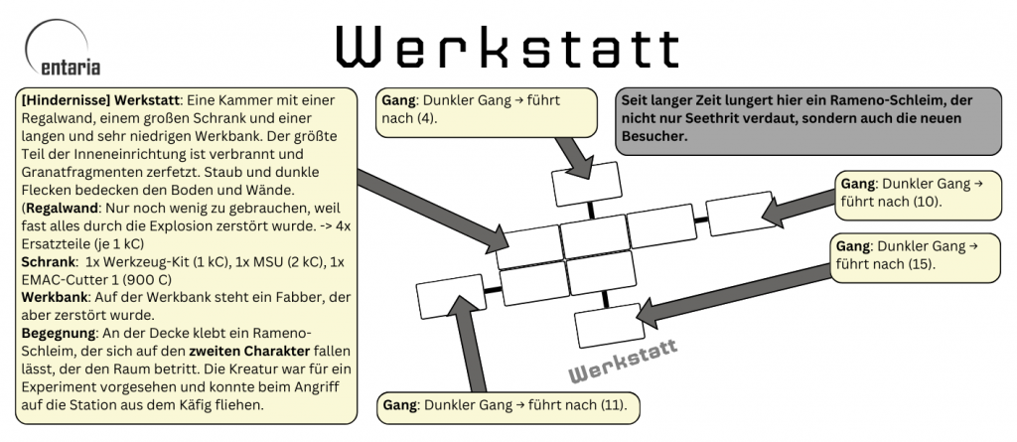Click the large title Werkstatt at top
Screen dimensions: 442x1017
[507, 47]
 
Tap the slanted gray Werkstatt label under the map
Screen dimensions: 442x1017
[622, 361]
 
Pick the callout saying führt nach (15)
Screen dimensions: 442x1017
[914, 255]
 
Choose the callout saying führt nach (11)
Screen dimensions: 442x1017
[508, 406]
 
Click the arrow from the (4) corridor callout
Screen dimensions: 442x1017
[573, 151]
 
